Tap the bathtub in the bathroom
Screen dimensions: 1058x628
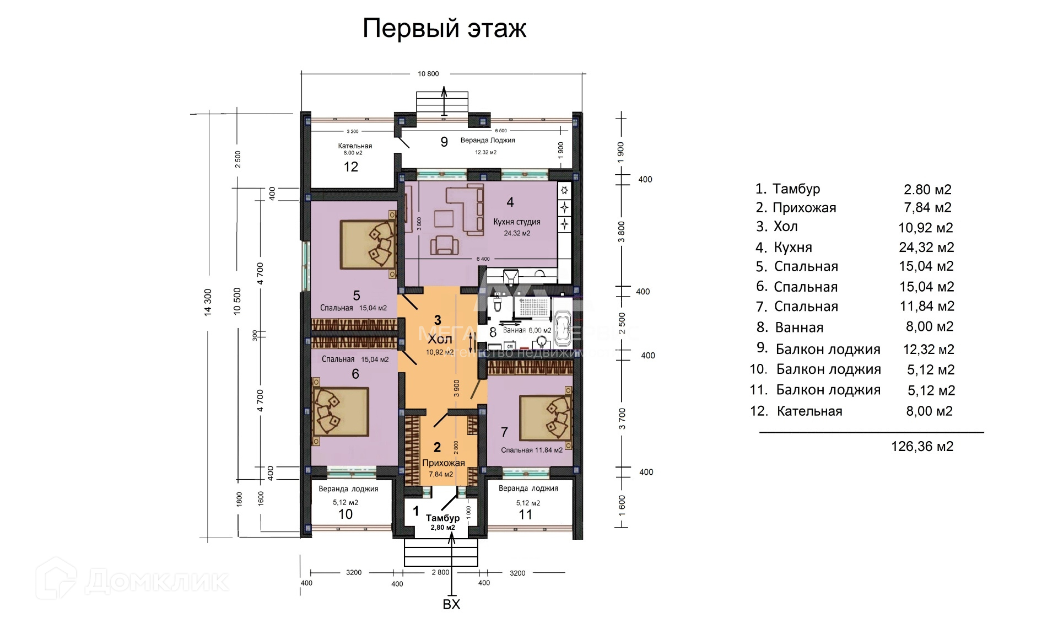(x=563, y=328)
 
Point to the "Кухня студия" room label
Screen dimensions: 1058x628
(x=516, y=222)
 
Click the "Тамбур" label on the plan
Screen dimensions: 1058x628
(x=442, y=518)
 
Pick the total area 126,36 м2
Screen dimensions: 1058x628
(x=922, y=446)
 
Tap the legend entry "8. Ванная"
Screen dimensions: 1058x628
(x=790, y=327)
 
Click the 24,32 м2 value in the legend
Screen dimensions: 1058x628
(x=926, y=247)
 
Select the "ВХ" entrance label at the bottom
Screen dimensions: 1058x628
(x=451, y=604)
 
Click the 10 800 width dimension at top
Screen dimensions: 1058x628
(x=428, y=74)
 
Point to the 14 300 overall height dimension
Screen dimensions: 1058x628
(x=208, y=302)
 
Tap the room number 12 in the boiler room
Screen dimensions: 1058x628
(x=351, y=167)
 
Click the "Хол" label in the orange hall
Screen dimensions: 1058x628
(x=439, y=339)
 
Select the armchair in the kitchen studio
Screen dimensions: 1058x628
(x=445, y=244)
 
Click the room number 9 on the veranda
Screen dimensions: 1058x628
(x=444, y=142)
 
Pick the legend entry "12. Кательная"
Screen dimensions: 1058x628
(x=796, y=411)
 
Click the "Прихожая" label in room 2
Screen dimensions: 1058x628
(x=443, y=463)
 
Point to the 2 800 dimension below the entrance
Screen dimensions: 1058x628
(x=440, y=572)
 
